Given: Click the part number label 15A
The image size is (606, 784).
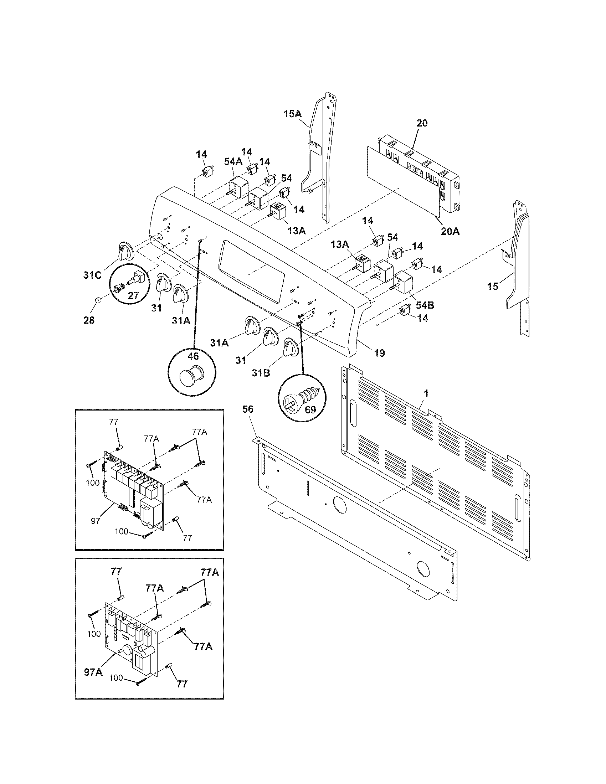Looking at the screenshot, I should tap(293, 114).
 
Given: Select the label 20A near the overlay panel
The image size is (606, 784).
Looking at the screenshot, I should tap(450, 231).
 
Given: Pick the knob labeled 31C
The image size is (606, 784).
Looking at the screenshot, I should tap(124, 251).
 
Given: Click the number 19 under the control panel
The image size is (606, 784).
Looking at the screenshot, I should tap(380, 353).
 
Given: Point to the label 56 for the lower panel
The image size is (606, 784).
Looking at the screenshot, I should tap(248, 409).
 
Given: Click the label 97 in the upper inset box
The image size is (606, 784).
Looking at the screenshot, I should tap(95, 521).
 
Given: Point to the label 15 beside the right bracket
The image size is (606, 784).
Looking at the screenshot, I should tap(493, 286).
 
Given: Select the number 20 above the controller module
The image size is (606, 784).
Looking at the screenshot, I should tap(422, 123).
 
